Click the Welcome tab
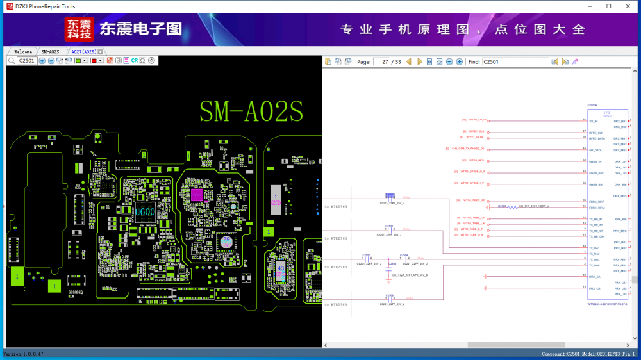click(22, 51)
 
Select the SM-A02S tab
click(50, 51)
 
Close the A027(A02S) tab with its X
click(101, 51)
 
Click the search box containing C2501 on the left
click(27, 61)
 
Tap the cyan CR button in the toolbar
click(135, 61)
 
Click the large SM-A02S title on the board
click(251, 111)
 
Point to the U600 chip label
click(145, 212)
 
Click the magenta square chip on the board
click(197, 194)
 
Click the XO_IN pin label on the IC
click(593, 121)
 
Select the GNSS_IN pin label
click(595, 161)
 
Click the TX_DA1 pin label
click(594, 248)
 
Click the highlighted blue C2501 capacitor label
click(390, 195)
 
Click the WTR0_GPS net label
click(476, 160)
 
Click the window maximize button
click(608, 6)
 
